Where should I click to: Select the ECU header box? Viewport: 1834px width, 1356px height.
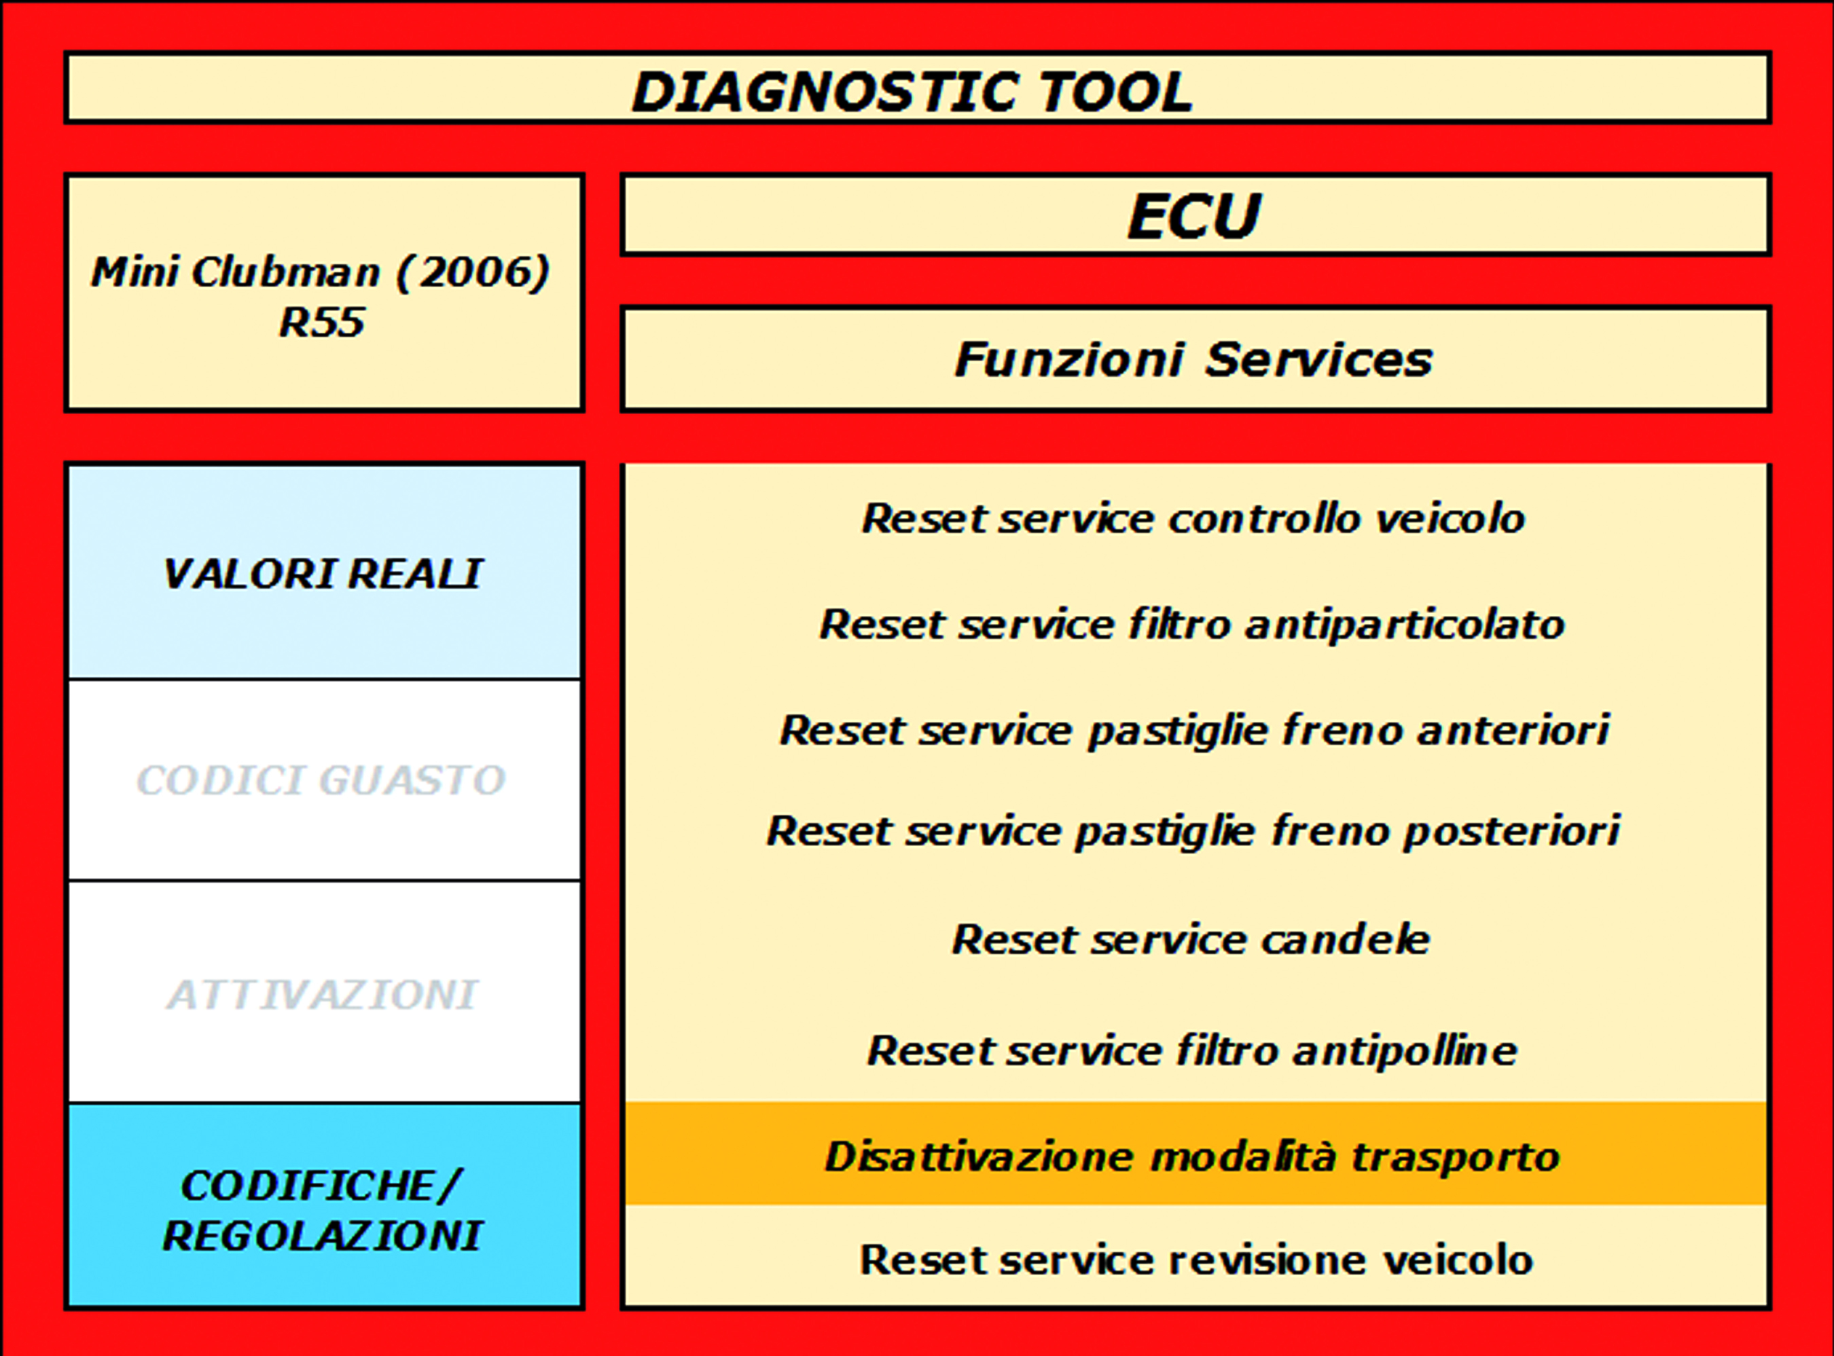1195,215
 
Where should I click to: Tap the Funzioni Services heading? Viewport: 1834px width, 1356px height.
1195,359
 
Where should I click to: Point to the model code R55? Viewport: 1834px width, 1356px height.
322,322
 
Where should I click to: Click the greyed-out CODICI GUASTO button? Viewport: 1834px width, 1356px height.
323,780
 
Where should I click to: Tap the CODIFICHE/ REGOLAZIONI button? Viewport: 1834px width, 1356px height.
323,1207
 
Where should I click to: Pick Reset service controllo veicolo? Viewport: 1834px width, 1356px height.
1193,519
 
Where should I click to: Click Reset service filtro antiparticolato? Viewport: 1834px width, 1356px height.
1192,625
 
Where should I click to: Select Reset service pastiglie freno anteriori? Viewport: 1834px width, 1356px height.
1193,731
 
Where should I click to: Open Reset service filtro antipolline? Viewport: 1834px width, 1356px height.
1192,1050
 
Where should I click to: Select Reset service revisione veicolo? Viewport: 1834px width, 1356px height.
1196,1259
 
